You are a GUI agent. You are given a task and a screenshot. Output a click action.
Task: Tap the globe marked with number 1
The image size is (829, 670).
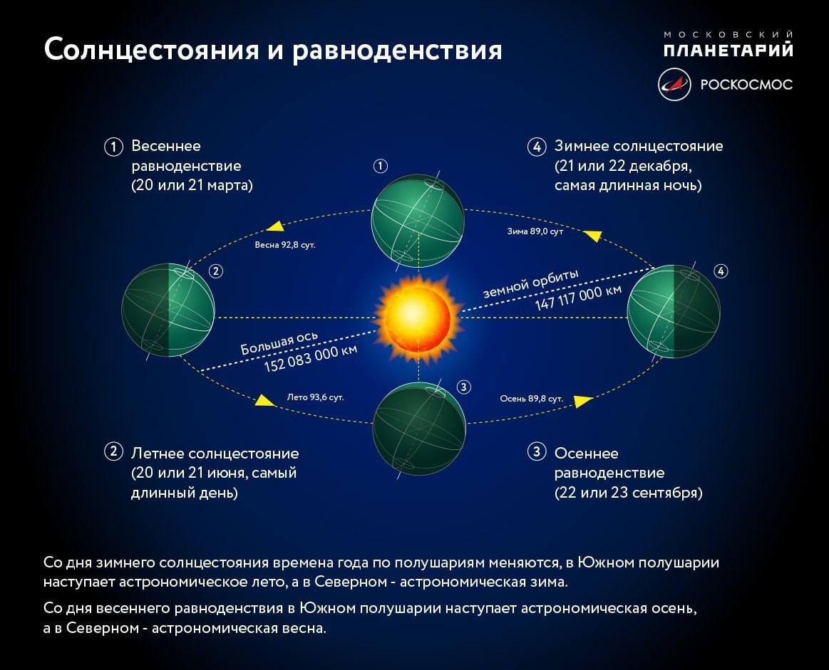418,219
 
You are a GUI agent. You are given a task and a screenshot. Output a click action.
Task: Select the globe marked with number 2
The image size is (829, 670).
168,310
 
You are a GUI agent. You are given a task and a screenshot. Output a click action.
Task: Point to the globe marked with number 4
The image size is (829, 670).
672,310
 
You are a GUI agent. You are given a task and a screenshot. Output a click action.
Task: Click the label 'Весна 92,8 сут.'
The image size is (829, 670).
284,244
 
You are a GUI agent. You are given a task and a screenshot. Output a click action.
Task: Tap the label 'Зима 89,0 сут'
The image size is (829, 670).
535,231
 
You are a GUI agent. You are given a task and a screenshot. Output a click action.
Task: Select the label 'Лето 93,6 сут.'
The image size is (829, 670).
315,397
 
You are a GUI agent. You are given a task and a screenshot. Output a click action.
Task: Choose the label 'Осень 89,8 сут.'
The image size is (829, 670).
532,399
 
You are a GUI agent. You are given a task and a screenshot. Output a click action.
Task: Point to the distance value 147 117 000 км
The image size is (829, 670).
579,298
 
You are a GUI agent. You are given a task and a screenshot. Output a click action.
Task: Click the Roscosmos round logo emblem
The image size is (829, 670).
674,84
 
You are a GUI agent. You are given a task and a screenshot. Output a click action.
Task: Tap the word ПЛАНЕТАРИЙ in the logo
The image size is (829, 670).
728,50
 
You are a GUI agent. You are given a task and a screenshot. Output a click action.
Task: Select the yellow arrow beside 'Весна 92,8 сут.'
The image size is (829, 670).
274,226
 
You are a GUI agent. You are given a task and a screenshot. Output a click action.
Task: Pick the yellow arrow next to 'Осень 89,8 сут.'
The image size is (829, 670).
584,402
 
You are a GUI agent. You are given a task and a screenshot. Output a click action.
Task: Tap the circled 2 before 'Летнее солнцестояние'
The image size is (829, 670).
113,451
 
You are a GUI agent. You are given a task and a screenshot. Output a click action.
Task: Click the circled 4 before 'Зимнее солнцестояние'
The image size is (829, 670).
536,147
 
